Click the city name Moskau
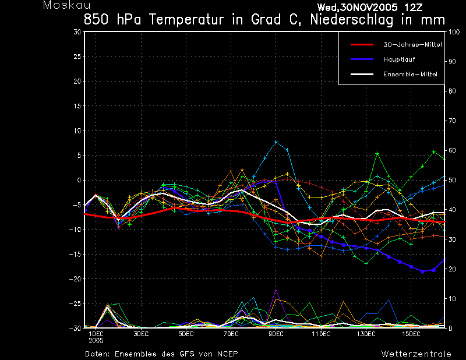point(66,5)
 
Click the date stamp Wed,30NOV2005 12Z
point(370,8)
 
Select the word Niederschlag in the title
point(352,20)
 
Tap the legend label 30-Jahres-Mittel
point(412,45)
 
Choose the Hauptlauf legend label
point(399,59)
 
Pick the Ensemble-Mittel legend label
point(410,74)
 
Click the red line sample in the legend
point(362,45)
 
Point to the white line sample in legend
point(362,74)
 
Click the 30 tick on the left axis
point(77,32)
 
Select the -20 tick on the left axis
point(75,279)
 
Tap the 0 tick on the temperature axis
point(79,180)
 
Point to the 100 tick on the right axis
point(454,32)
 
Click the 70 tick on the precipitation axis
point(452,121)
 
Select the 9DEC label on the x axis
point(276,334)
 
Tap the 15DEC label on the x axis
point(411,334)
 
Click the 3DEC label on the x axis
point(141,334)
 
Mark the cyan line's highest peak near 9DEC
point(276,142)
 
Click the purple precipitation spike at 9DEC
point(276,290)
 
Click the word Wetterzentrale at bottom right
point(416,354)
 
